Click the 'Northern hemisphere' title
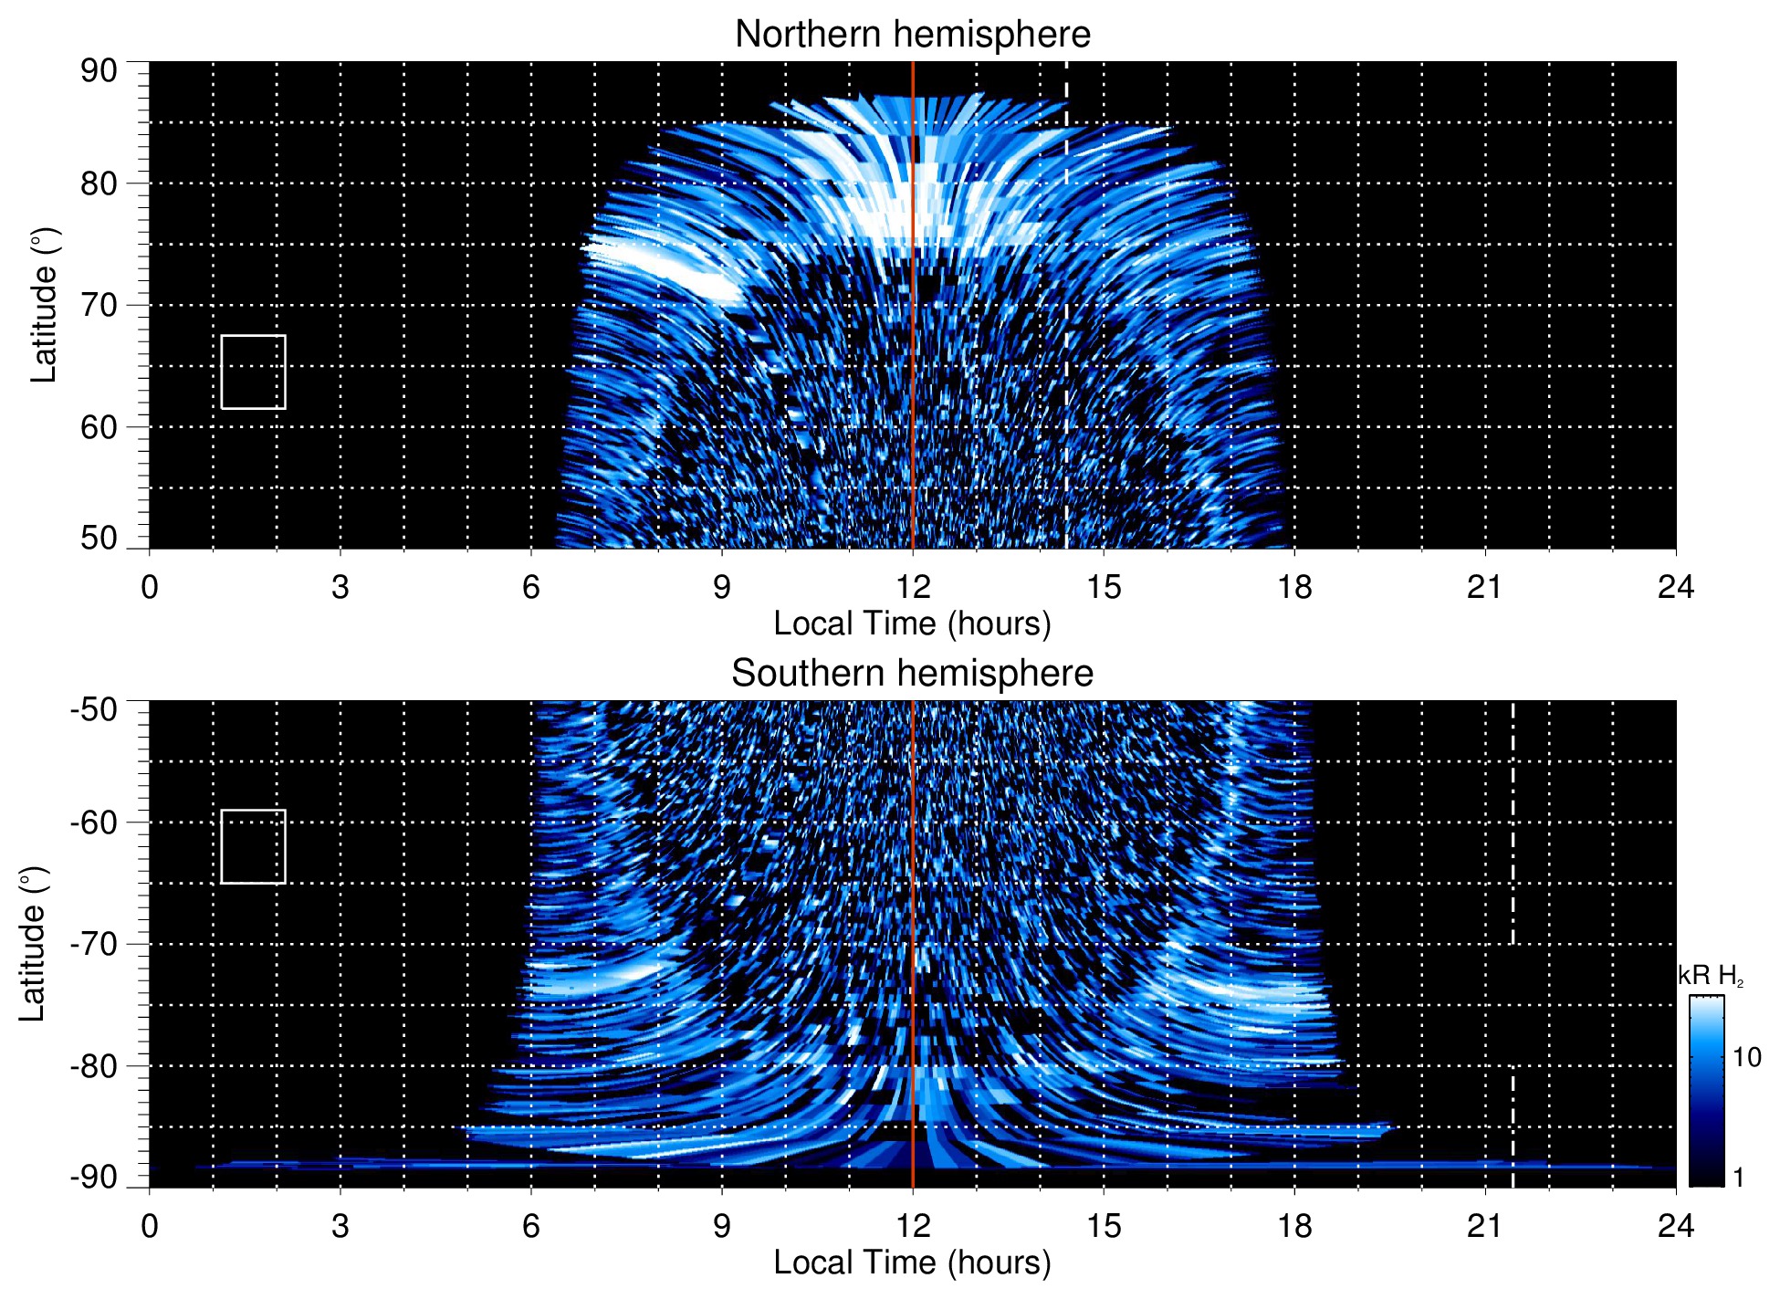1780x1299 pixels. point(912,35)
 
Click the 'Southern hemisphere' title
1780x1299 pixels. point(912,674)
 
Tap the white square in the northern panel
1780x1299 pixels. point(253,372)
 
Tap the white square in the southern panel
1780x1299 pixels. point(253,846)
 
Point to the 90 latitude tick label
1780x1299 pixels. point(99,71)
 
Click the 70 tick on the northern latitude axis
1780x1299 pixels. point(99,305)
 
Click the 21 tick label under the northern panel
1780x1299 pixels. point(1484,587)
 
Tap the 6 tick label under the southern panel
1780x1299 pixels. point(530,1226)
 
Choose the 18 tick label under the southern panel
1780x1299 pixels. point(1293,1226)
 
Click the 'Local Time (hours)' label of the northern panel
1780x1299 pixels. point(912,623)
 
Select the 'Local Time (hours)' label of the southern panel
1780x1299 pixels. point(912,1262)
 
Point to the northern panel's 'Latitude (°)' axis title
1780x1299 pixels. point(43,305)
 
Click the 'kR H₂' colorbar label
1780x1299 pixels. point(1711,976)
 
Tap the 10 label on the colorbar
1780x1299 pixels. point(1746,1057)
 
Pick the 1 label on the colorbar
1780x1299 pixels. point(1738,1178)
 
